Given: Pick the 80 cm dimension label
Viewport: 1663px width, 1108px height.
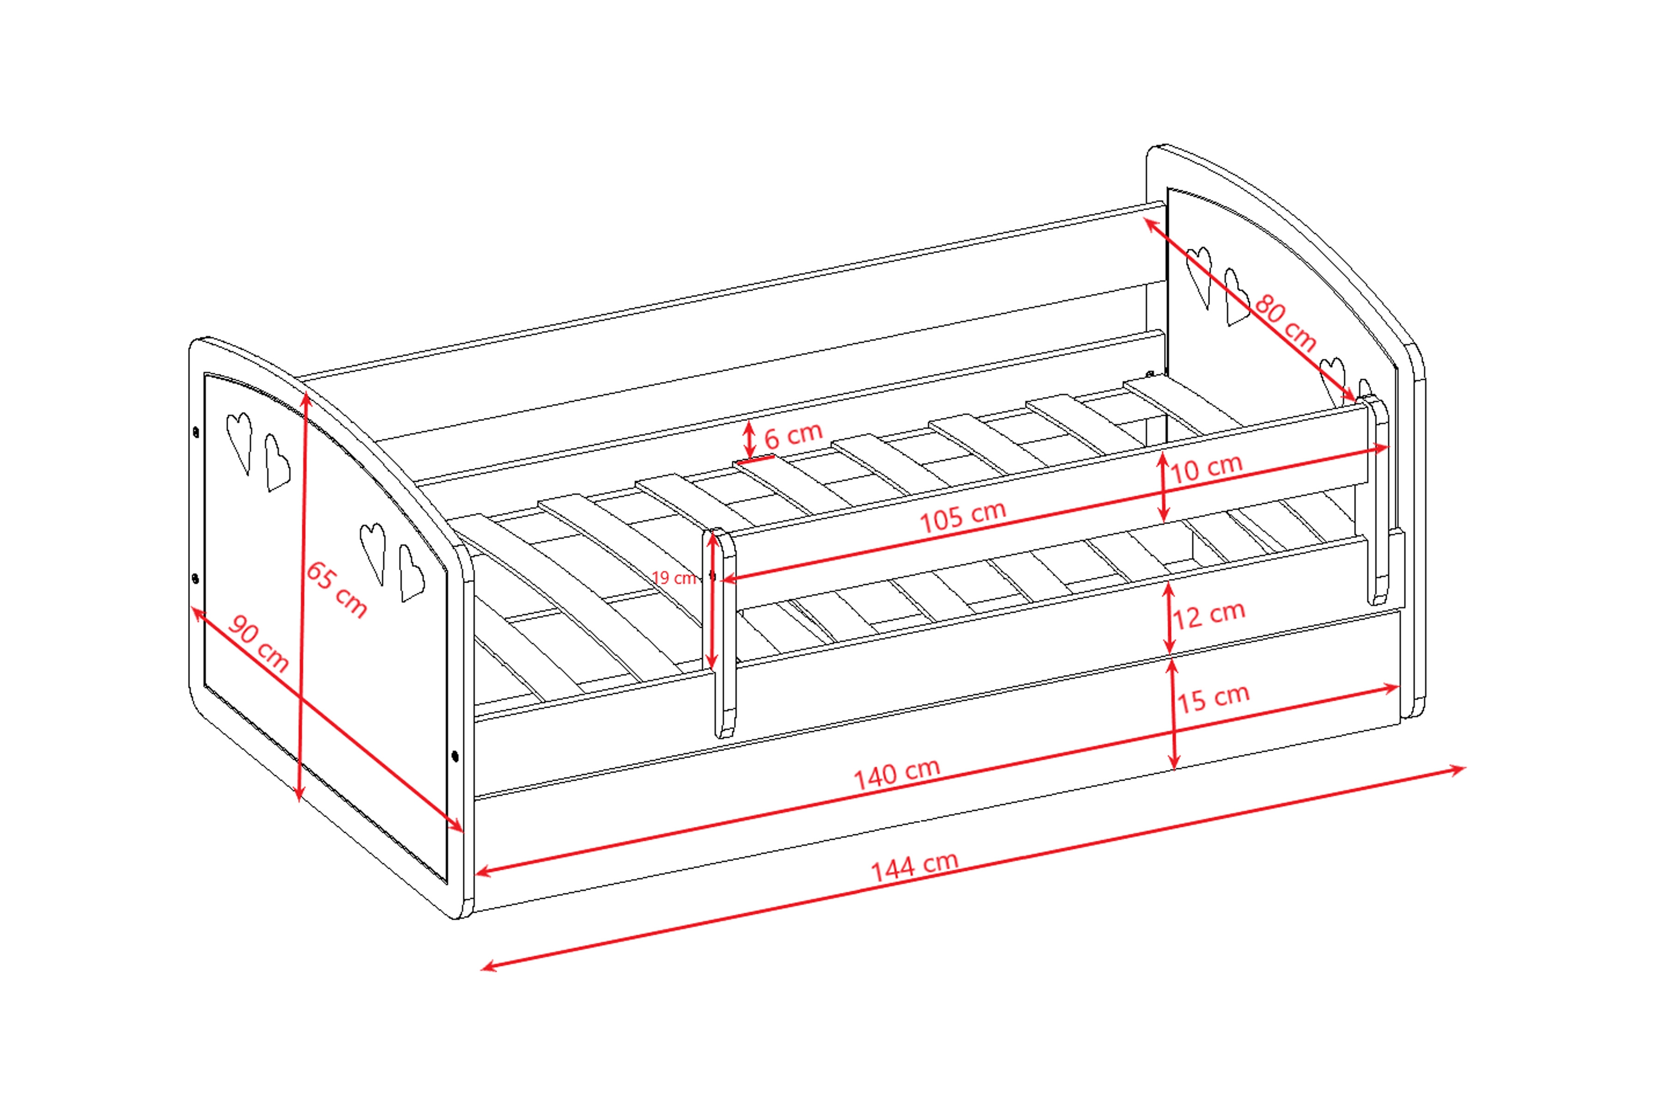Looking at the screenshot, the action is point(1286,323).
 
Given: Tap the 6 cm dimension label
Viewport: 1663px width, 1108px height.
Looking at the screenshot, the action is point(793,435).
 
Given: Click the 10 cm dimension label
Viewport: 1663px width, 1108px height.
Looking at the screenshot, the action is point(1206,468).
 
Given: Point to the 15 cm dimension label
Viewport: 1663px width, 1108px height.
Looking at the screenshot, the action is point(1213,698).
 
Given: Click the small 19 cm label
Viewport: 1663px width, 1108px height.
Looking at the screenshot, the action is point(674,578).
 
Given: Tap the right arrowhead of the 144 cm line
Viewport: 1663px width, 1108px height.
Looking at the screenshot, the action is point(1458,769).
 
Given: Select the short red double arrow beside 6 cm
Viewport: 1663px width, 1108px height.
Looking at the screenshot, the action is point(749,440).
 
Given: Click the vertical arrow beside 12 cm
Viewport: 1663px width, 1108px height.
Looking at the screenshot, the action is point(1169,618).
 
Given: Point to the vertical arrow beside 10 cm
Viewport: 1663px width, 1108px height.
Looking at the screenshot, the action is point(1163,488).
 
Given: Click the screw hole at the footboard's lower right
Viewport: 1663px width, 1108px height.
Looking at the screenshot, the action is point(455,757).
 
